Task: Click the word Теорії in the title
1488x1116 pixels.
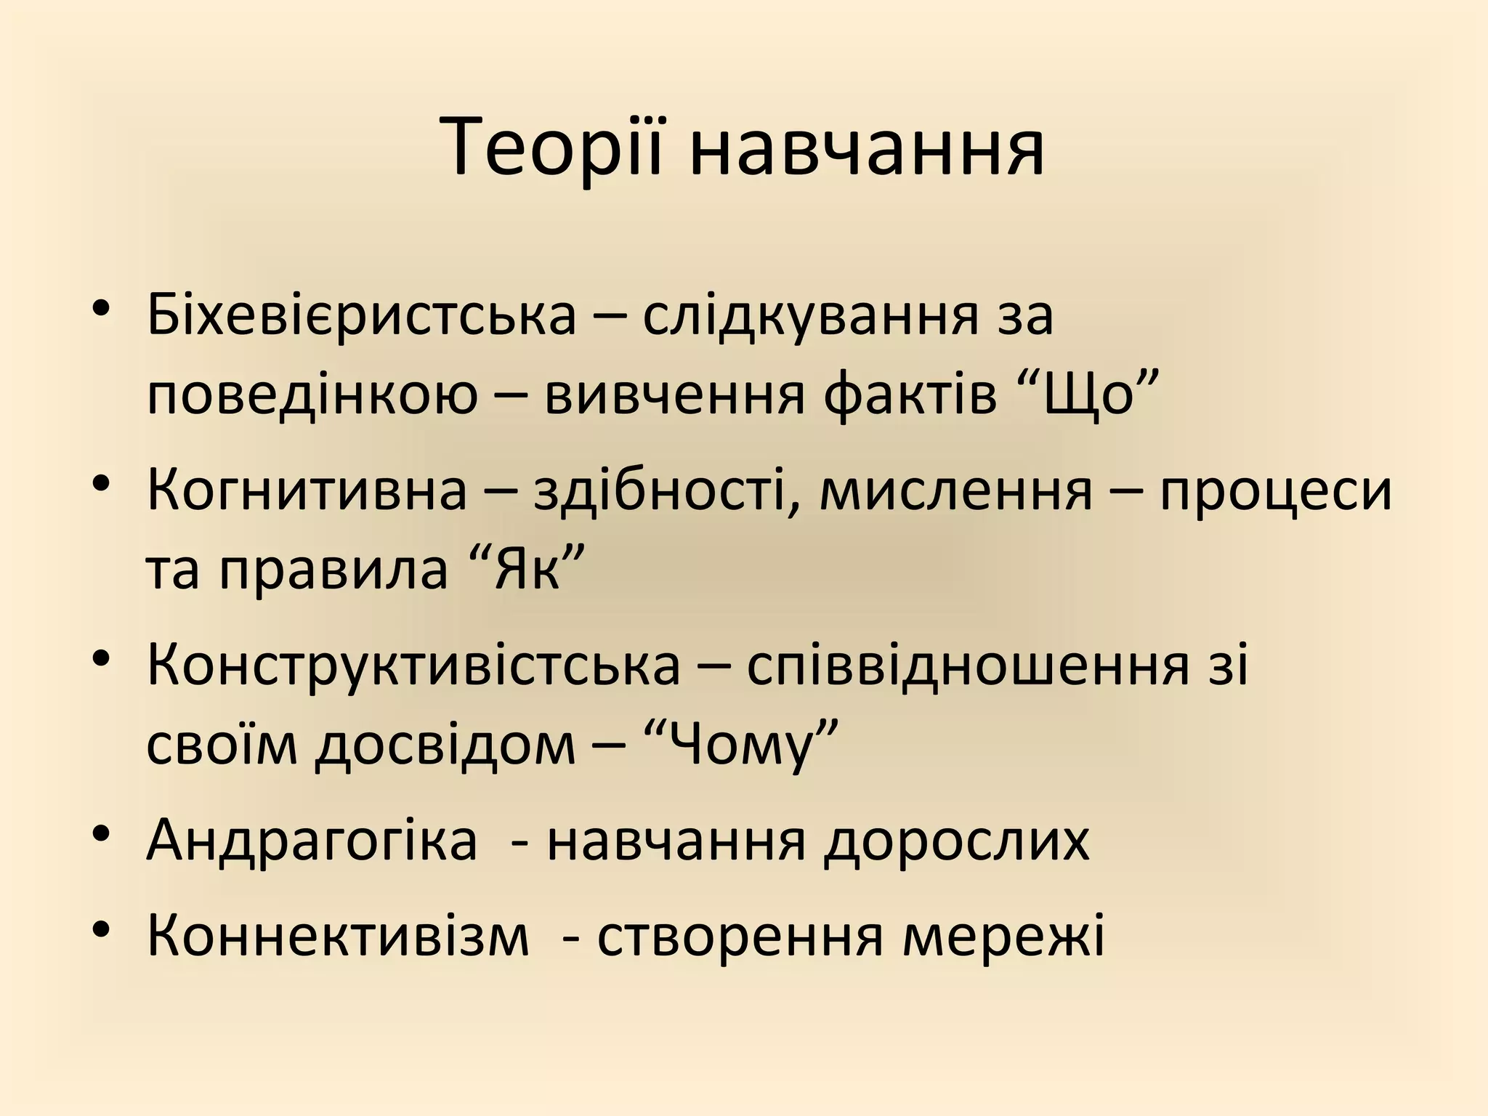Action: [552, 149]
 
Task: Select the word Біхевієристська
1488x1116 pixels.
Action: [361, 316]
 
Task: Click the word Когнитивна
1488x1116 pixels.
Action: [307, 490]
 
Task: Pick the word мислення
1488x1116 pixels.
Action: [956, 490]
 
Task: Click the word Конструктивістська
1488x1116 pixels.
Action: [413, 665]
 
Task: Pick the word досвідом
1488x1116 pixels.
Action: [445, 747]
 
